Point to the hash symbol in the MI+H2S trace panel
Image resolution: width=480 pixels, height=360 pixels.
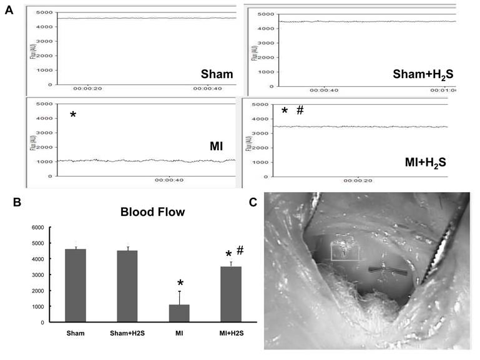pos(300,110)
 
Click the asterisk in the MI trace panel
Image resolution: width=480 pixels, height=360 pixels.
pos(73,117)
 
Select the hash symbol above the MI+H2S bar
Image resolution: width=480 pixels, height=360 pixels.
pos(240,250)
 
